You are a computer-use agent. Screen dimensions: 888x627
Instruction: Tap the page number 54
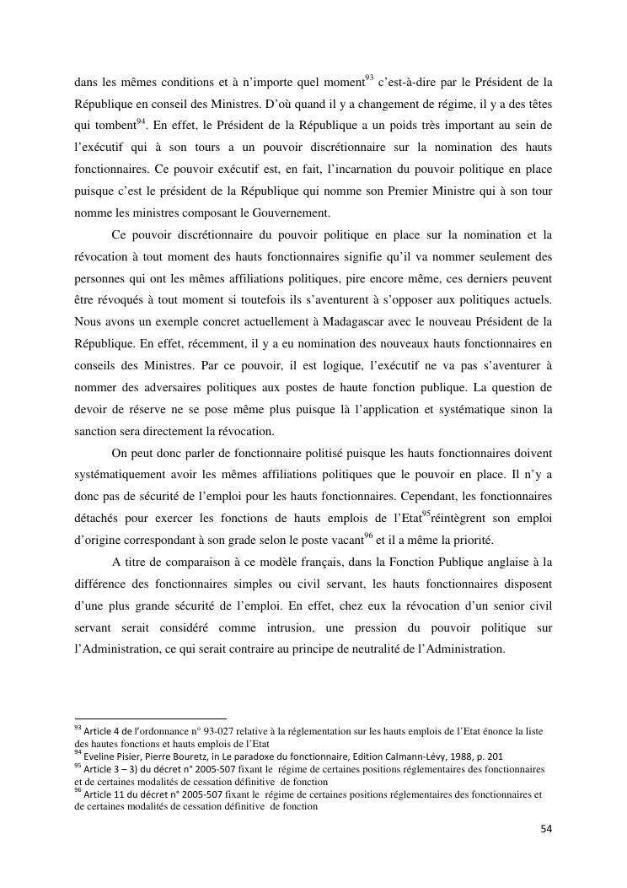point(546,829)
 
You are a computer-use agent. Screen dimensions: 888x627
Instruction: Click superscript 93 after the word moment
point(368,78)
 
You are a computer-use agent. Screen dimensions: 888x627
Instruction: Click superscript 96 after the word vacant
point(368,536)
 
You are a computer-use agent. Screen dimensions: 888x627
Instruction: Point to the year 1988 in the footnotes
point(458,756)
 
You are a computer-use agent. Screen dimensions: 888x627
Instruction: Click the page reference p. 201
point(490,756)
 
